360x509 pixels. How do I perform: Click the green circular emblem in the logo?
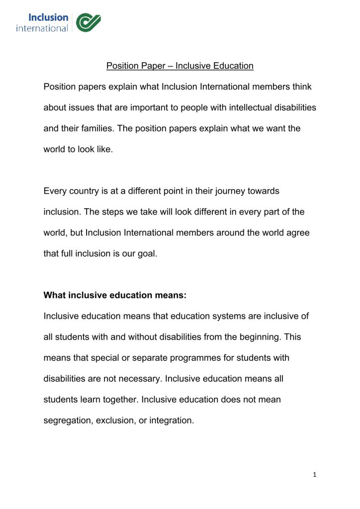(89, 22)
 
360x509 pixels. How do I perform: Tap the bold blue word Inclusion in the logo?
(48, 17)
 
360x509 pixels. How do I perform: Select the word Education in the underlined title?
(233, 66)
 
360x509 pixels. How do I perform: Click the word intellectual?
(244, 107)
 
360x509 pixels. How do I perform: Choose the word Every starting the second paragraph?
(55, 191)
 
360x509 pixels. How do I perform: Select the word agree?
(298, 233)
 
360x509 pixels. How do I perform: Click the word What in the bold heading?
(55, 295)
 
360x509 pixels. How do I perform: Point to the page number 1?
(314, 475)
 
